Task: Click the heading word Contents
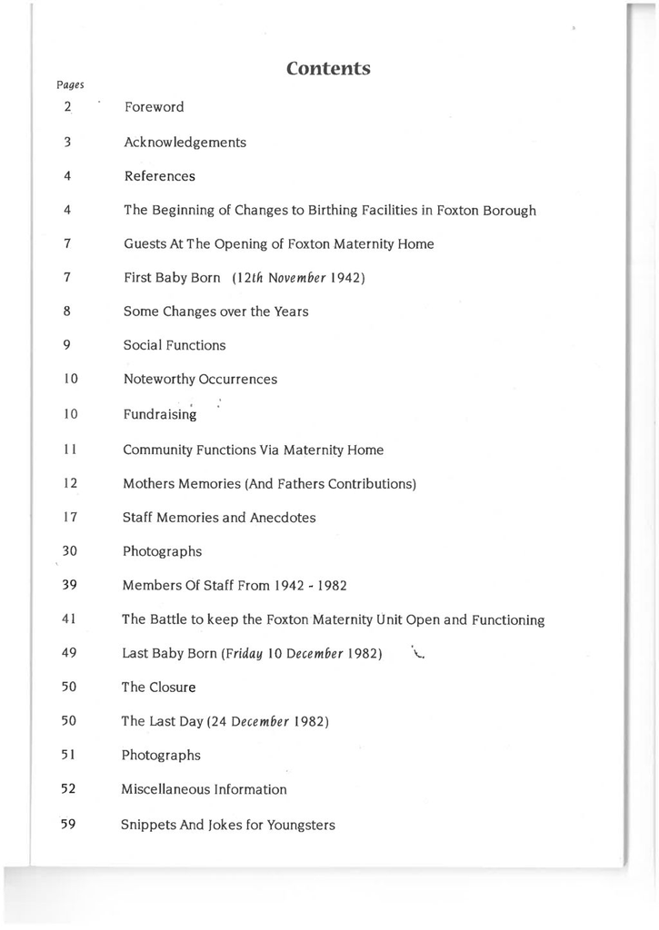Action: (x=328, y=69)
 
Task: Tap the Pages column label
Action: (x=70, y=85)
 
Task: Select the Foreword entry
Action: (x=154, y=107)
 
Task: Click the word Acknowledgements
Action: (x=185, y=143)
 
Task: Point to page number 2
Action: (x=68, y=107)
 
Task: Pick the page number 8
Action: (x=68, y=311)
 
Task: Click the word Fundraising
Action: (x=160, y=414)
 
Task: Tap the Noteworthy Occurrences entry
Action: (x=200, y=380)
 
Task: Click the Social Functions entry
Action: (x=175, y=345)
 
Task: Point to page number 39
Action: (x=69, y=585)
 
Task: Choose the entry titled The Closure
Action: (x=158, y=688)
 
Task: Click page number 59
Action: (x=68, y=825)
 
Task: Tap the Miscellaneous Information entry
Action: (x=204, y=790)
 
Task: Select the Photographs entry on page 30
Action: (x=162, y=551)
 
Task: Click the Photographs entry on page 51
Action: (x=161, y=756)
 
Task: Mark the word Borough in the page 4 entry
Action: (x=509, y=211)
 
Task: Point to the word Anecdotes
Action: (x=283, y=518)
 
